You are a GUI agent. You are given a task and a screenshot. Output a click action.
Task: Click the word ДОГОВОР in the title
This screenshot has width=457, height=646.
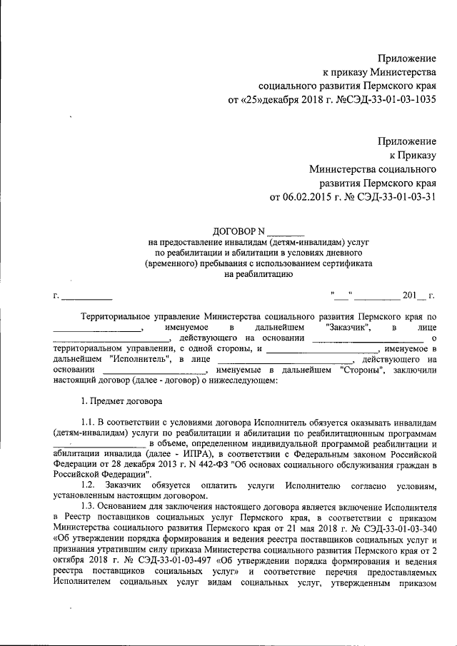[234, 231]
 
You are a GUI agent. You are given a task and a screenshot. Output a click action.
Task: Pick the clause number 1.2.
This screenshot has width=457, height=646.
[89, 485]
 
